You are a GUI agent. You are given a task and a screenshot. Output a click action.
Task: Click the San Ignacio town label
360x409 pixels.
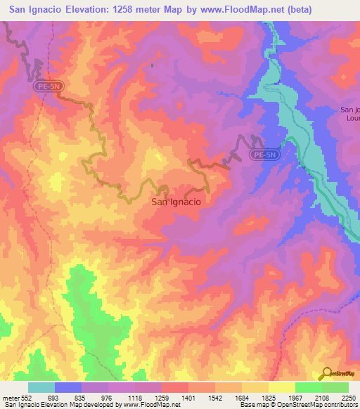tap(176, 202)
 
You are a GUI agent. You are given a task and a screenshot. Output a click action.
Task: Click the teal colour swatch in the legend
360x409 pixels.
tap(41, 387)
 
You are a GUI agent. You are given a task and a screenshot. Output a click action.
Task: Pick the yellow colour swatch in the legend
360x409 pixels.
tap(282, 387)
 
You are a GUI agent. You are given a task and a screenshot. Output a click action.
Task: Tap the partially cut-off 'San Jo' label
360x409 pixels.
tap(349, 109)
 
